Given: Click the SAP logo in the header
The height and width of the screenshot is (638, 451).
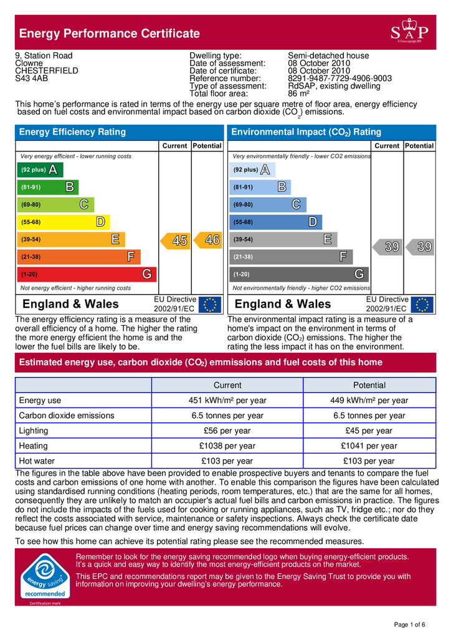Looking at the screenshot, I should (x=409, y=32).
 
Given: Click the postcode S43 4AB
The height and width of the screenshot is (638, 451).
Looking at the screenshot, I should (x=32, y=79).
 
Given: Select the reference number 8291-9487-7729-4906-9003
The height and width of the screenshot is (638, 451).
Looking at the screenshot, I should (x=339, y=79).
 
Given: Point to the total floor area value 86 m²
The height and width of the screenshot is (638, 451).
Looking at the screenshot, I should (x=300, y=93).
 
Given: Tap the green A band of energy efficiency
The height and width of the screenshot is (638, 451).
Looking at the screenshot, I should (x=40, y=169).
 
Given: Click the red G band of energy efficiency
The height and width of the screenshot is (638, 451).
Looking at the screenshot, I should (x=87, y=274).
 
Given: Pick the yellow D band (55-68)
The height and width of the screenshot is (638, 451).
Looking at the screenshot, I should (x=64, y=222).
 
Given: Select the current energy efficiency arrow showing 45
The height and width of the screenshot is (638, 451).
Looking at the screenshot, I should (x=176, y=240).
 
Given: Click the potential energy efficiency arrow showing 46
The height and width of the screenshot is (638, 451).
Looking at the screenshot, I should (x=208, y=239).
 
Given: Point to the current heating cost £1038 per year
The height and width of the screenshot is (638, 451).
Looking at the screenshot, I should (x=227, y=446).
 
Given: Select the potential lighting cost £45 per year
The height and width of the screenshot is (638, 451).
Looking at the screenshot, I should (x=369, y=431).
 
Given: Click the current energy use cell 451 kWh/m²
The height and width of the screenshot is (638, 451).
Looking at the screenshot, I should (x=227, y=401).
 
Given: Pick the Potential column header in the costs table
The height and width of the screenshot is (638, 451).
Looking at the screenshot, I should (x=369, y=385).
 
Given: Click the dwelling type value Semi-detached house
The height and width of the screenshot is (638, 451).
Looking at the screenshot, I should (x=328, y=55).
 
